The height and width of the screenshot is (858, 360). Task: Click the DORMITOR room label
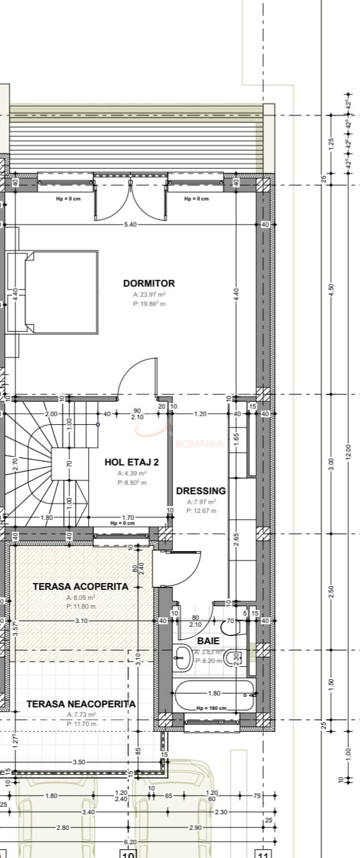pos(149,283)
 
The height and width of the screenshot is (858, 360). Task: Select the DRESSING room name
pos(201,491)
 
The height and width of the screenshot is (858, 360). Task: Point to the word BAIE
pos(208,641)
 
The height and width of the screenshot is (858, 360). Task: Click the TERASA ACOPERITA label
pos(81,586)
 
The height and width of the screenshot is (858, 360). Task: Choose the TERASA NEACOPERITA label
pos(81,704)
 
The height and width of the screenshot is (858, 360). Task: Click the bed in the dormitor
pos(61,293)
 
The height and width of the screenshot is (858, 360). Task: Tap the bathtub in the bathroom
pos(215,694)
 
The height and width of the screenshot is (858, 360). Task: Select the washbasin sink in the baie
pos(183,656)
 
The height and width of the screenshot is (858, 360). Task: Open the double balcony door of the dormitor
pos(131,197)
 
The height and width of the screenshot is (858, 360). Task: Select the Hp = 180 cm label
pos(211,708)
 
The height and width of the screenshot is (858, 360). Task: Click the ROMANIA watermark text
pos(199,444)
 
